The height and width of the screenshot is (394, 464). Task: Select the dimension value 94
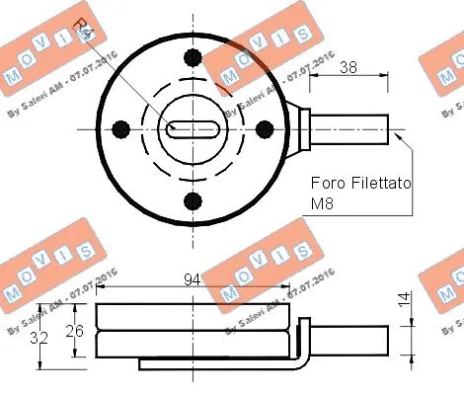pyautogui.click(x=193, y=280)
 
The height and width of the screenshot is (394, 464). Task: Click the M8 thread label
pyautogui.click(x=324, y=205)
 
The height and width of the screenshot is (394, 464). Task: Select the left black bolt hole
pyautogui.click(x=121, y=127)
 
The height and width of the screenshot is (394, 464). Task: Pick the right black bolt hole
pyautogui.click(x=263, y=127)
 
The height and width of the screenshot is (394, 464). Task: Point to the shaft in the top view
pyautogui.click(x=350, y=127)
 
